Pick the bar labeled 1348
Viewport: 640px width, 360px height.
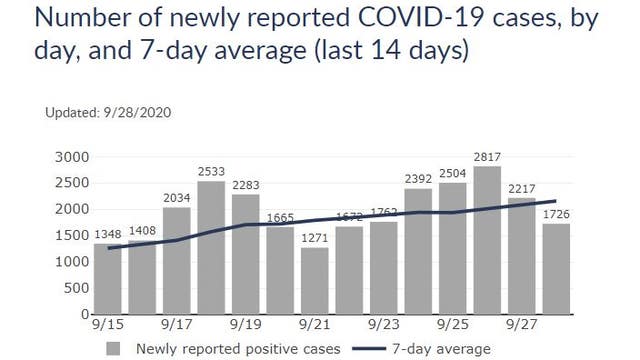tap(107, 279)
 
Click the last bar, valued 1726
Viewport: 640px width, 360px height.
tap(557, 269)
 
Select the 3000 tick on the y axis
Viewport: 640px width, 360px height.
tap(73, 157)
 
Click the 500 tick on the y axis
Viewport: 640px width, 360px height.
tap(78, 288)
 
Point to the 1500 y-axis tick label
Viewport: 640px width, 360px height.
tap(73, 235)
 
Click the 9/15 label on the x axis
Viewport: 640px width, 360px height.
tap(107, 326)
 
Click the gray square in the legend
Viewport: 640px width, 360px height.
tap(114, 348)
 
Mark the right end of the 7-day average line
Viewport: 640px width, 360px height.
tap(556, 201)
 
